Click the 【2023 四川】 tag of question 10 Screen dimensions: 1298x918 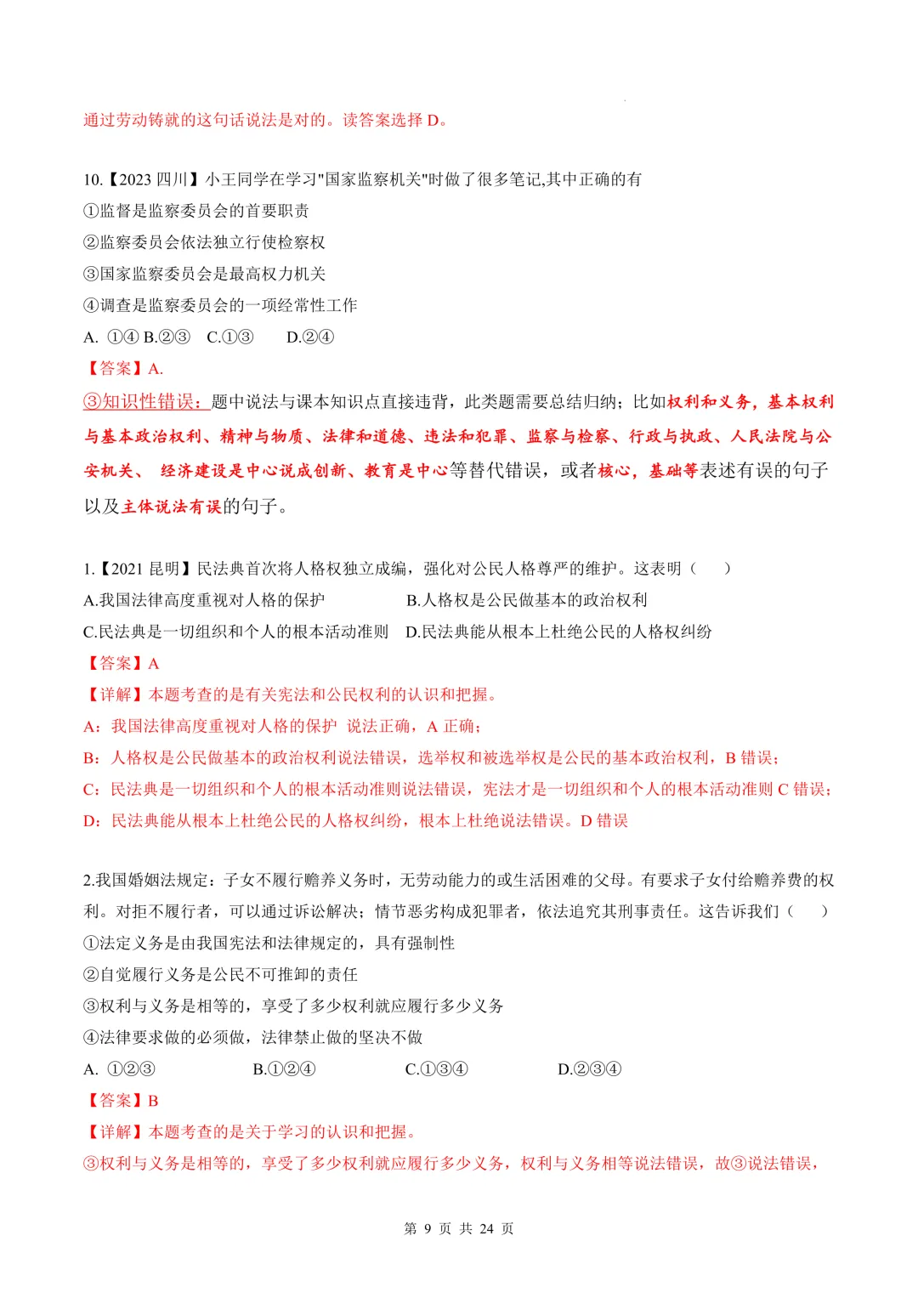click(153, 179)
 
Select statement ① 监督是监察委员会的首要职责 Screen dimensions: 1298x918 click(196, 211)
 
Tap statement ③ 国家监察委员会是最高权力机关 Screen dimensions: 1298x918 click(204, 274)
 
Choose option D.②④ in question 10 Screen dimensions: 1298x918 click(310, 337)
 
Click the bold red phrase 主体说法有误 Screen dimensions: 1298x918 click(171, 507)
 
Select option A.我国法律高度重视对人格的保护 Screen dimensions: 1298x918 click(204, 600)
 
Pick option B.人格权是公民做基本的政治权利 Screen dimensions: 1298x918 click(526, 600)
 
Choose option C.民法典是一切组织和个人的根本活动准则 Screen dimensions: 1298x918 click(235, 632)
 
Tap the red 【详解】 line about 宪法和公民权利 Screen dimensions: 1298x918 click(290, 694)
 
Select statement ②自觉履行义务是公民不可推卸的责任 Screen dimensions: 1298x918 click(220, 974)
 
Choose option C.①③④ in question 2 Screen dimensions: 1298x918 click(436, 1068)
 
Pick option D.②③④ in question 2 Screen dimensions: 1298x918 click(589, 1068)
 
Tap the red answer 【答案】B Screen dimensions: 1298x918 click(122, 1100)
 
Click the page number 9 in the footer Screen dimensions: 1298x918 click(427, 1228)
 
